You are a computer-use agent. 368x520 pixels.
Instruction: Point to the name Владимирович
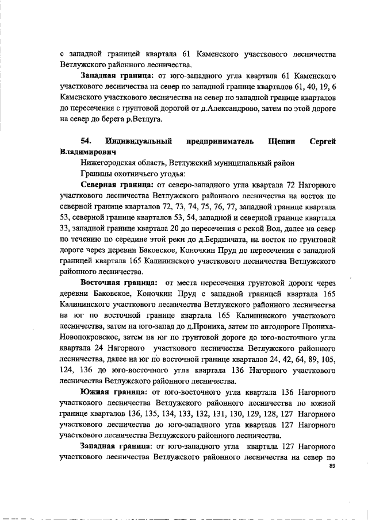click(87, 152)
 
